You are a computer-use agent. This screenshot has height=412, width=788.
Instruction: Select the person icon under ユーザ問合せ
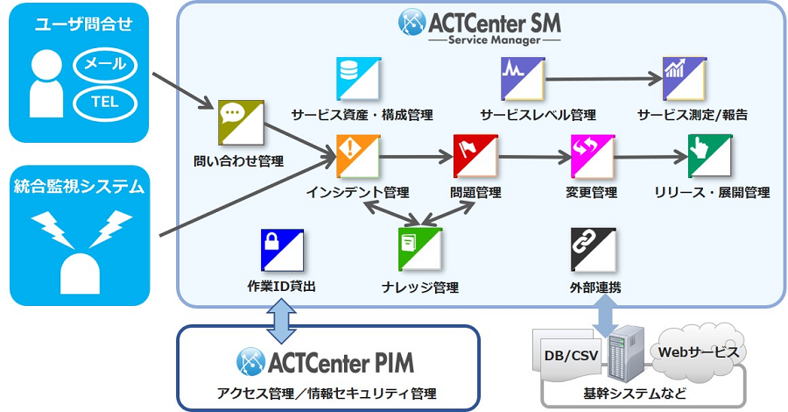[46, 84]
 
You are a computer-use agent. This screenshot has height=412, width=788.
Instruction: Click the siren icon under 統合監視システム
[81, 250]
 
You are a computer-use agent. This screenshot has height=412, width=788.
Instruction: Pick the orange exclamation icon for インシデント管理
[357, 156]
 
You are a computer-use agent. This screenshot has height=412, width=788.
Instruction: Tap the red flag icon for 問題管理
[475, 156]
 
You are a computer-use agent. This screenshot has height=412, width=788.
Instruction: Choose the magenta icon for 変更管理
[592, 156]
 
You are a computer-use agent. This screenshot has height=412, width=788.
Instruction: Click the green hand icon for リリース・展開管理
[709, 156]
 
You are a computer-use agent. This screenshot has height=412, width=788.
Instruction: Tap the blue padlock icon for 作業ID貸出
[282, 249]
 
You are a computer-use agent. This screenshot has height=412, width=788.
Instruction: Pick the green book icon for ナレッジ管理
[420, 249]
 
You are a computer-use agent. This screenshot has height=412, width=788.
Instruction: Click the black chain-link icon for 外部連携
[592, 249]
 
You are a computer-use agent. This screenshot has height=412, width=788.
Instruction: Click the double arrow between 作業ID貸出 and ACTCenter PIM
[282, 320]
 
